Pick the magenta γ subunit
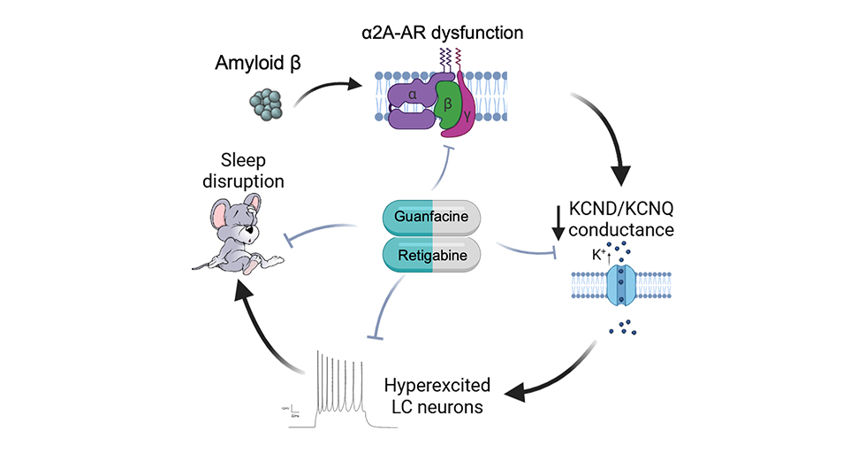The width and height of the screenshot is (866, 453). (x=470, y=119)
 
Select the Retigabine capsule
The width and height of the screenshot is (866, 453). (x=430, y=254)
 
